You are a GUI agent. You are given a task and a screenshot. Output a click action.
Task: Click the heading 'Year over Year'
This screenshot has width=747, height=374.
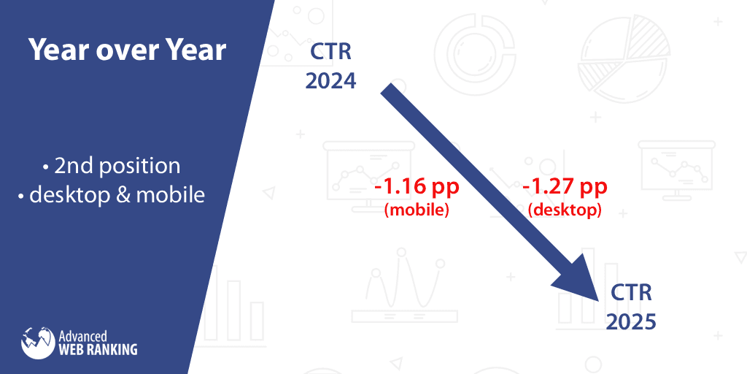pyautogui.click(x=127, y=50)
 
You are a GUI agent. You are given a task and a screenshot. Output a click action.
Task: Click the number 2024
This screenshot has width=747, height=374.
pyautogui.click(x=330, y=80)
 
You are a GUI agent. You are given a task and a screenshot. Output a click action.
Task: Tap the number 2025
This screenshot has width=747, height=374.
pyautogui.click(x=631, y=321)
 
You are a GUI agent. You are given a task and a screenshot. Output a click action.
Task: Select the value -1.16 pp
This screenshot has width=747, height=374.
pyautogui.click(x=417, y=187)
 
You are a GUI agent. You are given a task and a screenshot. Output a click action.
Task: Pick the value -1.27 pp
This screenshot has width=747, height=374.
pyautogui.click(x=565, y=187)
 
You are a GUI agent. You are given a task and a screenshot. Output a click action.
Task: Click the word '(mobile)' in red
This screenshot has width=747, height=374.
pyautogui.click(x=417, y=210)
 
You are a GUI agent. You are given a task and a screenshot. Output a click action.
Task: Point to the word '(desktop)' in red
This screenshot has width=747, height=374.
pyautogui.click(x=565, y=210)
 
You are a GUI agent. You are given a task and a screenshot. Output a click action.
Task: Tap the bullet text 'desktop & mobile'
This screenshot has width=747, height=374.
pyautogui.click(x=117, y=195)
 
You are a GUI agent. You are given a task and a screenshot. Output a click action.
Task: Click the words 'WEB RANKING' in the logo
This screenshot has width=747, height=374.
pyautogui.click(x=98, y=349)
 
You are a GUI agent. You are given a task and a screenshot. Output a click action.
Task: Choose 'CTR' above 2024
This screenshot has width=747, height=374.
pyautogui.click(x=330, y=53)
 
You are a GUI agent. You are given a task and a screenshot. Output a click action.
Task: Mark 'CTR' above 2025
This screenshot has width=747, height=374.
pyautogui.click(x=631, y=294)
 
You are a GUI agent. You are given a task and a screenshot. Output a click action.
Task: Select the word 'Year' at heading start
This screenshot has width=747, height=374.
pyautogui.click(x=57, y=50)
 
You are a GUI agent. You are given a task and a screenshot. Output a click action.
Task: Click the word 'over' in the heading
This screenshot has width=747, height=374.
pyautogui.click(x=126, y=50)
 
